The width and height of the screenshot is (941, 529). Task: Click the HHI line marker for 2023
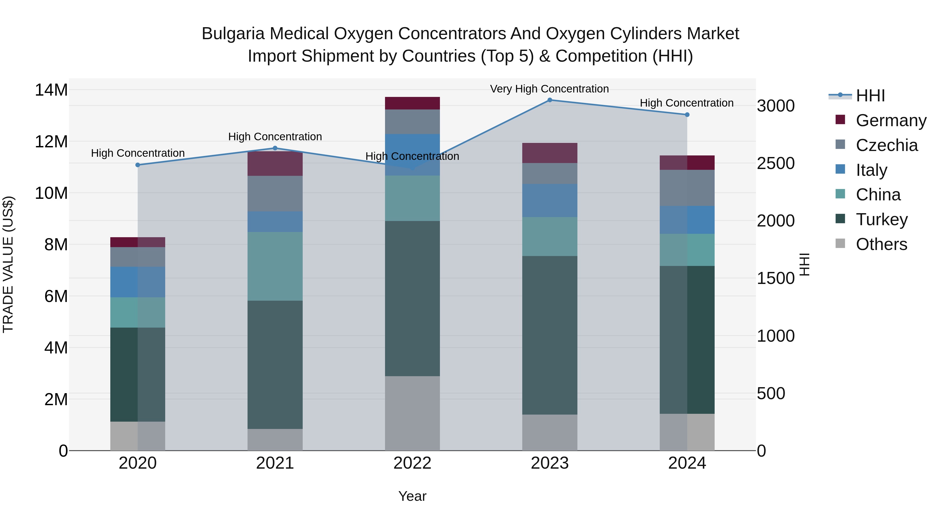(549, 100)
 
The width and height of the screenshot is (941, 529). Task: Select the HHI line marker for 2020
(138, 165)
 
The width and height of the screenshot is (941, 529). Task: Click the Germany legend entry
(891, 120)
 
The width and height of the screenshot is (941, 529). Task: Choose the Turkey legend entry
(881, 219)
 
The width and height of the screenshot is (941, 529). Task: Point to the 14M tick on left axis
(51, 90)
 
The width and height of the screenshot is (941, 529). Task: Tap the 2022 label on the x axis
(412, 463)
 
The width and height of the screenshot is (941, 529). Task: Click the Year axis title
(412, 496)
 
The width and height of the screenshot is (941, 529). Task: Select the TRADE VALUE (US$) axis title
(8, 264)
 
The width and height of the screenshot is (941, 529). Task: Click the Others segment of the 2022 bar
(412, 413)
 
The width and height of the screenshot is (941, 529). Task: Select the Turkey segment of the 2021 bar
(275, 364)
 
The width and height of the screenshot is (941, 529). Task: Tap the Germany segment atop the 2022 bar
(412, 103)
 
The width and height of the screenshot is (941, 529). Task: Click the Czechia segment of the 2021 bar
(275, 194)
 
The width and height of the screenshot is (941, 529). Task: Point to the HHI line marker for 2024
(687, 115)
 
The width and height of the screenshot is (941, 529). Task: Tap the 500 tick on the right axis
(771, 394)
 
